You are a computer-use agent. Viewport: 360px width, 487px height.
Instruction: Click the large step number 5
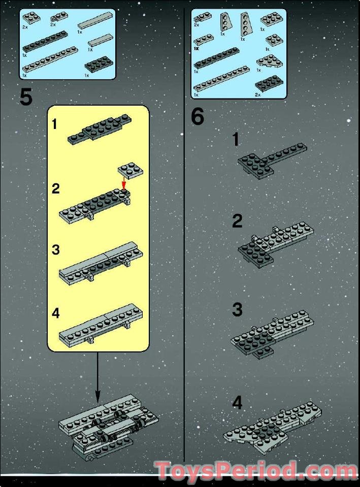(x=26, y=96)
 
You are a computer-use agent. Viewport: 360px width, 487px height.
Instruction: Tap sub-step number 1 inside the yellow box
(x=55, y=124)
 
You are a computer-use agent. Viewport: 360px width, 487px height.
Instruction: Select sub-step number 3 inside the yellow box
(x=56, y=250)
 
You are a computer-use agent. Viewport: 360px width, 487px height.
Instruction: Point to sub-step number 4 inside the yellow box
(x=56, y=313)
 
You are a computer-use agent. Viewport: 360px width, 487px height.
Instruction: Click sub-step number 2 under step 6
(x=237, y=221)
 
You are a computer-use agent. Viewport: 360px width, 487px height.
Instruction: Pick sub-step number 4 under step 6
(x=237, y=403)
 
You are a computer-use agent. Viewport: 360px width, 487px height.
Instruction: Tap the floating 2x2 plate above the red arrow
(x=130, y=170)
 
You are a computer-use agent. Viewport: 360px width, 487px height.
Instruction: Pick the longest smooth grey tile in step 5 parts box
(x=95, y=21)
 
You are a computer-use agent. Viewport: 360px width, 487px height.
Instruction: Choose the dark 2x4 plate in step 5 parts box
(x=99, y=65)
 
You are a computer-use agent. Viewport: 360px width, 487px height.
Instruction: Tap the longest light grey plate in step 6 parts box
(x=221, y=79)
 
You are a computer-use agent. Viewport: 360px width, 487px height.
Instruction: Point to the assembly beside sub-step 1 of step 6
(x=272, y=160)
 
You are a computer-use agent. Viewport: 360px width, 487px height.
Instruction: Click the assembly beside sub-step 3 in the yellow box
(x=101, y=263)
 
